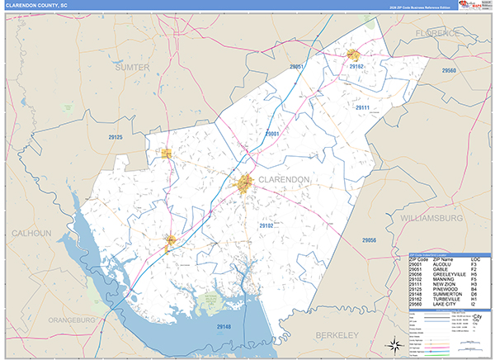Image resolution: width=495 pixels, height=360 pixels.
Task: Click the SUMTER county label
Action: coord(132,66)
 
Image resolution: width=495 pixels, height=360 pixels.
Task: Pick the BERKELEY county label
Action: coord(336,335)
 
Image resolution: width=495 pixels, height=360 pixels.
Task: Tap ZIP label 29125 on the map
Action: coord(115,137)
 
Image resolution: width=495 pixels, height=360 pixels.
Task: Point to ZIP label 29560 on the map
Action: coord(449,72)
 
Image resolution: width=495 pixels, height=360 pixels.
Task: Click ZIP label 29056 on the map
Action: coord(368,239)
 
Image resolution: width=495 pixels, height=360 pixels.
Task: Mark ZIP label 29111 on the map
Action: coord(361,107)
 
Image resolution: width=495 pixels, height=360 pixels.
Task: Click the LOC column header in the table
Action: coord(475,259)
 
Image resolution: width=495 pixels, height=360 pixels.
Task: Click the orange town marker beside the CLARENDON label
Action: coord(245,185)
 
